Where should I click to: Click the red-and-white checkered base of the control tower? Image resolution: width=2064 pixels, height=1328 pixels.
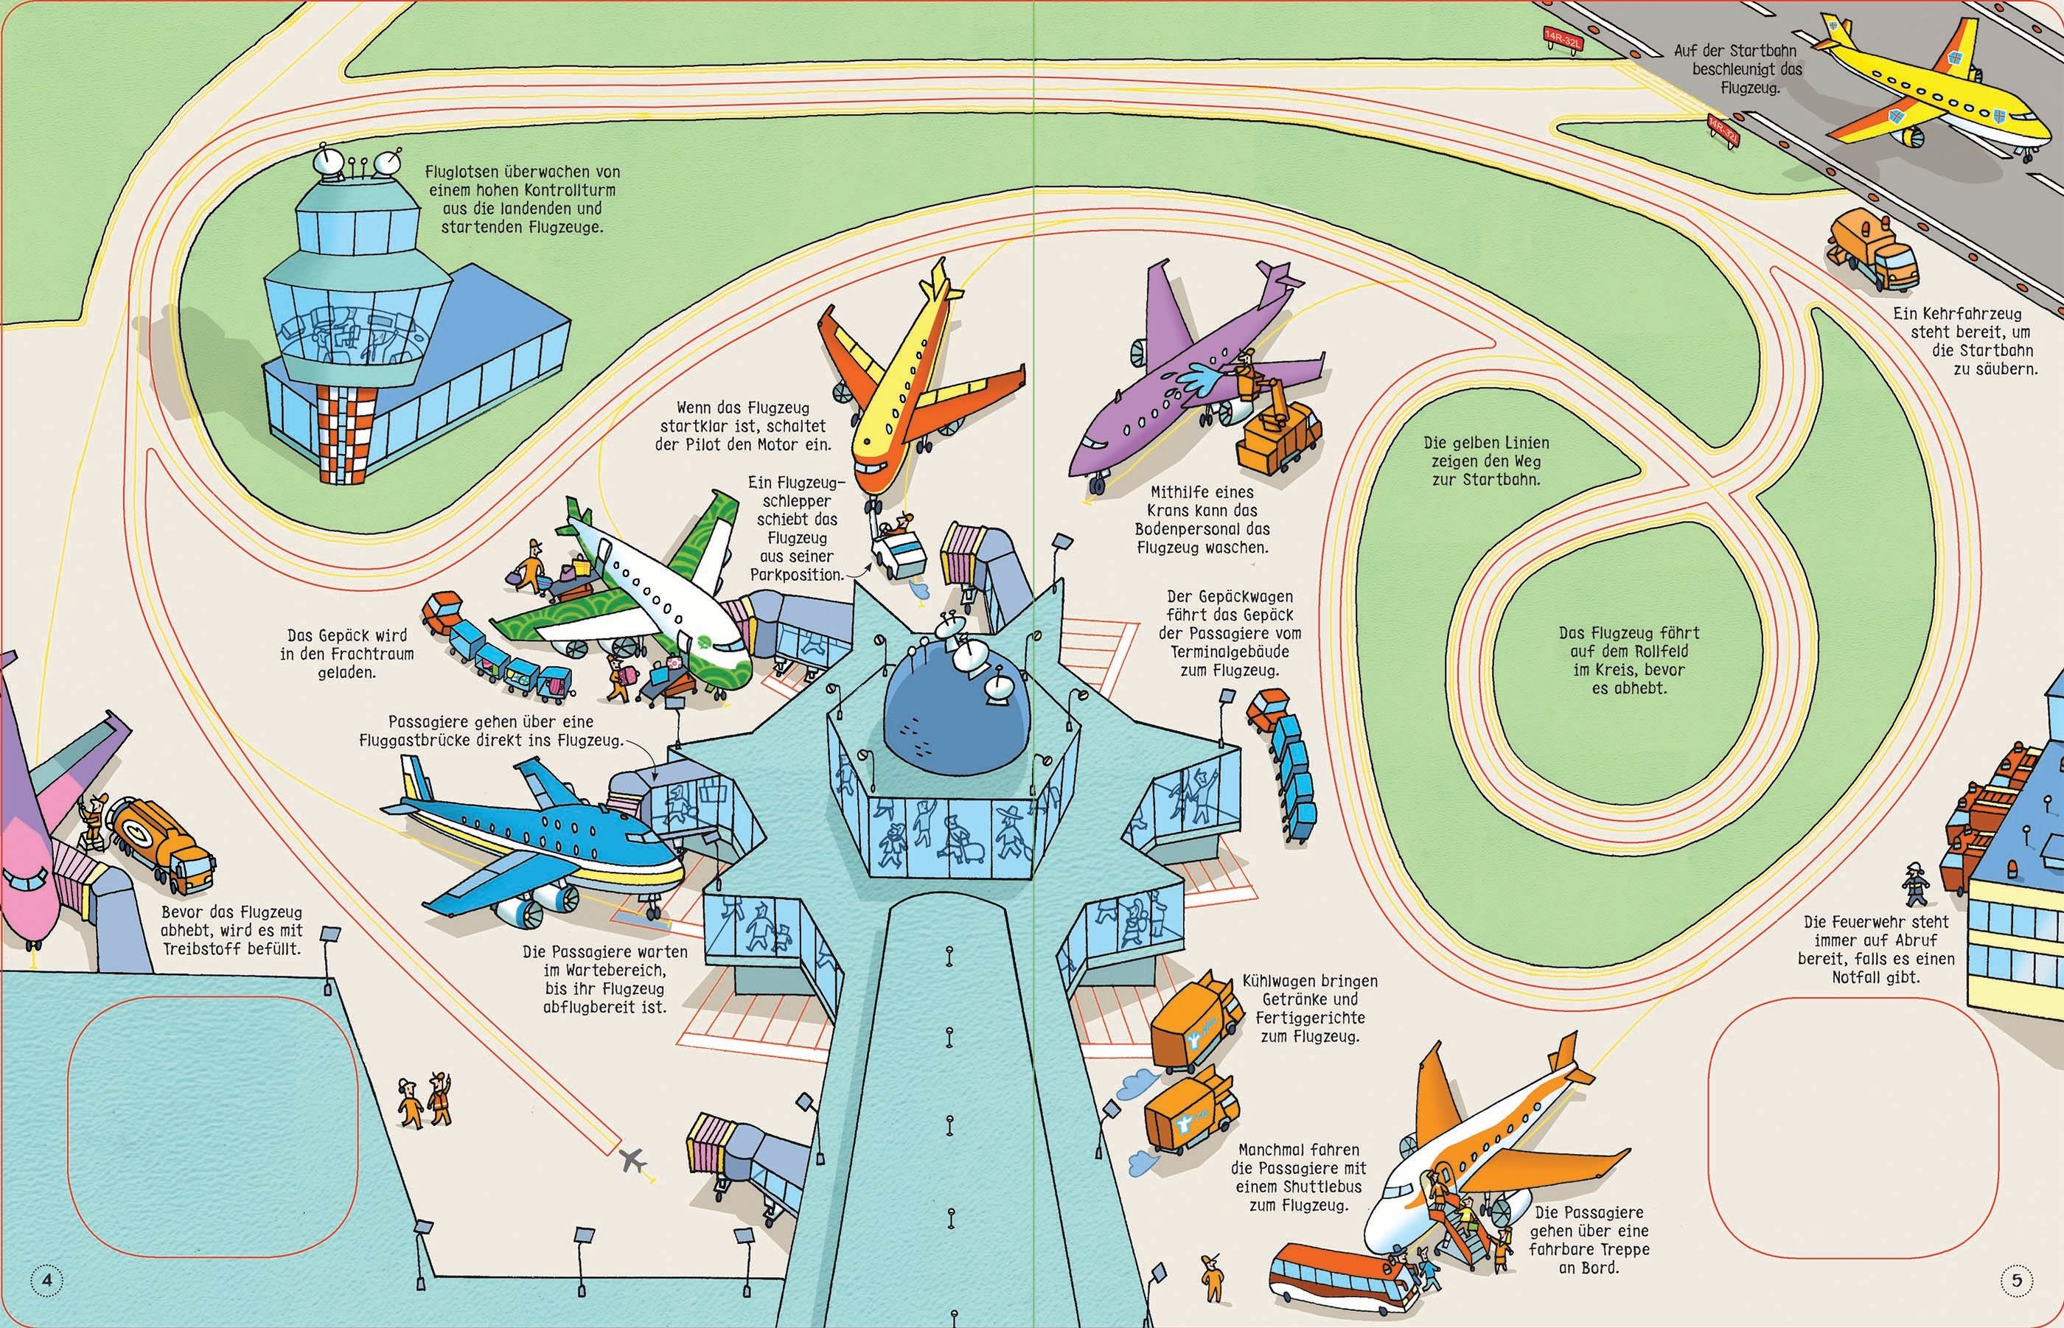[348, 431]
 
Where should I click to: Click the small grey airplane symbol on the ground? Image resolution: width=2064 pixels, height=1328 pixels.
[633, 1161]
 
